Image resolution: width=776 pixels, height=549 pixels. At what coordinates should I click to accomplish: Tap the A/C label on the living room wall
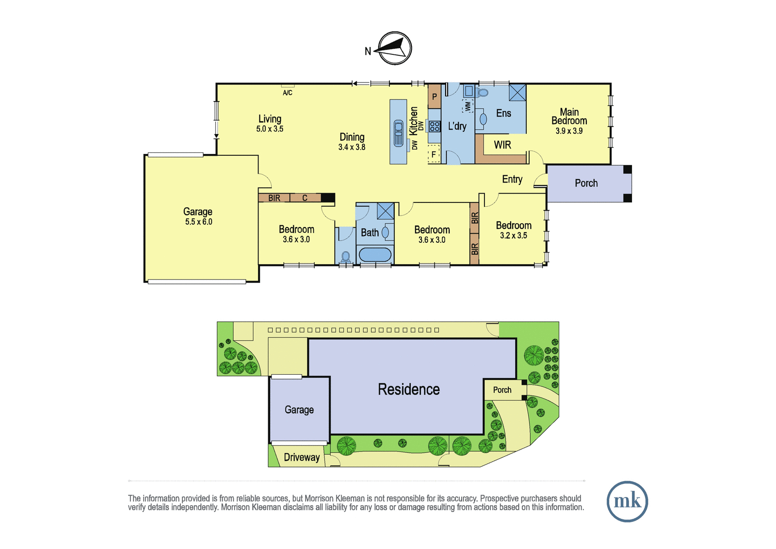288,93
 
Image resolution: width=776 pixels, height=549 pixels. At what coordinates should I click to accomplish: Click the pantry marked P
435,97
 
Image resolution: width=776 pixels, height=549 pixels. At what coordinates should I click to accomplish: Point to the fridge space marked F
434,154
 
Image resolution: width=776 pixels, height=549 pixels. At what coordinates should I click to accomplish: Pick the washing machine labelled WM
468,106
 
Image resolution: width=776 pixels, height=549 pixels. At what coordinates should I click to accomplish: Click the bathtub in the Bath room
375,254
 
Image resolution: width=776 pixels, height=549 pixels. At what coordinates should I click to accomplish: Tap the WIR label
502,145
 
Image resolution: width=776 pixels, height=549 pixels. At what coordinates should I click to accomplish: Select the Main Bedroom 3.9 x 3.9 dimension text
569,131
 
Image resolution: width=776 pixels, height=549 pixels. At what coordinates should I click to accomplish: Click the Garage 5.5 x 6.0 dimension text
198,222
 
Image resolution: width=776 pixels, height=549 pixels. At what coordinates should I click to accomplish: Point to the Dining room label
352,137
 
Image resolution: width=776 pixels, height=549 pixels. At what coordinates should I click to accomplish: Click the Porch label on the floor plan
586,183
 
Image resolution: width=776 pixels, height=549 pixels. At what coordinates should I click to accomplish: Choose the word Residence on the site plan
409,389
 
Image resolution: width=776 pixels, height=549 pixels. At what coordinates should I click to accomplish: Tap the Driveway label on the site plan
302,457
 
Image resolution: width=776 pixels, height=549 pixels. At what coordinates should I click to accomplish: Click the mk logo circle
627,501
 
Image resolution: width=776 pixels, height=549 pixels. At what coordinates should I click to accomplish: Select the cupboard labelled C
305,198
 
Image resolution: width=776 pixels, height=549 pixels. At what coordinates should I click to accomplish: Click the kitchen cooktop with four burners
435,126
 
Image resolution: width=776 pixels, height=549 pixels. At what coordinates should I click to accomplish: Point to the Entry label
512,179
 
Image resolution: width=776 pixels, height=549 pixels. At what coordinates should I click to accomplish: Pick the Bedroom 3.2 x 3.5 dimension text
514,235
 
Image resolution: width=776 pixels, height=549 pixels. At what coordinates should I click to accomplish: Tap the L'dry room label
457,126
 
